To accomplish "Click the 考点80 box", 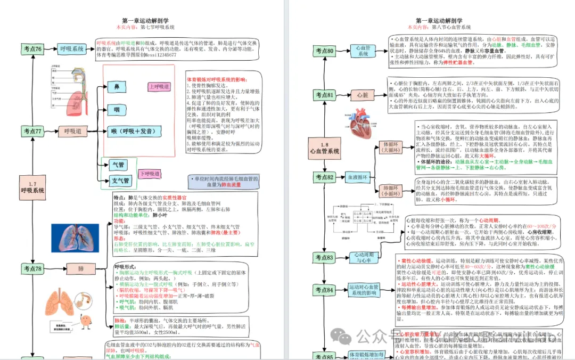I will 324,52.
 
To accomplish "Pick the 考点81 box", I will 324,95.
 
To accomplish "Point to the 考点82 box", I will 324,177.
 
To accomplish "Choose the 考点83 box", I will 324,258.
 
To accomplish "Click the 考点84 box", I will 324,291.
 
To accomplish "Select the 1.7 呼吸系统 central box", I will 32,186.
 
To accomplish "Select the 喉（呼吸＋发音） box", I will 133,132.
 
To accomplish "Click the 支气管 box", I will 120,181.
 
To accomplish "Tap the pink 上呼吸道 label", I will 159,87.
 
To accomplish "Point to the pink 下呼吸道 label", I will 151,174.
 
